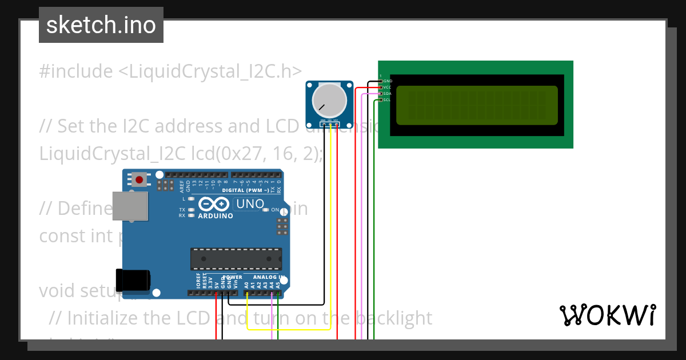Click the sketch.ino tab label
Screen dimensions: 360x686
coord(101,25)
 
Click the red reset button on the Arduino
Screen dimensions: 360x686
coord(139,180)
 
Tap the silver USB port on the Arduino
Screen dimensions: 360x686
coord(129,206)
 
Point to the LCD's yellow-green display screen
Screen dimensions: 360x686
coord(476,105)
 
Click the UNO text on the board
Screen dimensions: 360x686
coord(250,204)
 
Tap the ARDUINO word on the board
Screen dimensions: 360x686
coord(215,216)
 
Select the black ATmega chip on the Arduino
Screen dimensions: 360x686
coord(236,259)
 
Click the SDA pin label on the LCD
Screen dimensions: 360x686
coord(387,93)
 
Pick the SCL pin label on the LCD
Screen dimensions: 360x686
coord(387,99)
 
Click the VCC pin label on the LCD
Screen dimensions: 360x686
coord(387,87)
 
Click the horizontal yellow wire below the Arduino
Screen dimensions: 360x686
coord(289,329)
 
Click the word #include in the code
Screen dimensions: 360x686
coord(76,71)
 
